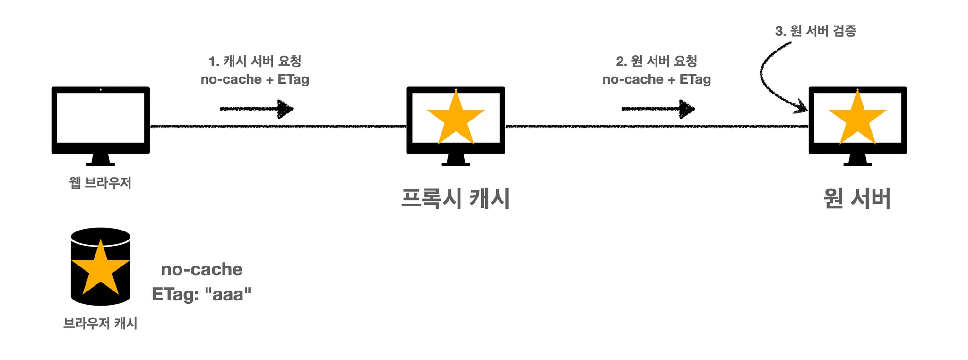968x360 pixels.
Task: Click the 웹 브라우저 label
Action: click(100, 182)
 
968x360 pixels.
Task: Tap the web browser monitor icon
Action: click(100, 120)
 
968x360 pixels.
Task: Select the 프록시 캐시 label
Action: click(455, 198)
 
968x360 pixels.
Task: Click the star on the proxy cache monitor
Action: click(456, 118)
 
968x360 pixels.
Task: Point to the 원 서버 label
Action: click(857, 198)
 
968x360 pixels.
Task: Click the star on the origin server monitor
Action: click(857, 118)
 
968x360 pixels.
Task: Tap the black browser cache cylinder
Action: click(100, 266)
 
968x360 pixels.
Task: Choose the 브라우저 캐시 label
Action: click(100, 324)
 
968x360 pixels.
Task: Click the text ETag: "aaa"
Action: click(201, 294)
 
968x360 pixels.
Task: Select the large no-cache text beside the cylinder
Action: click(202, 269)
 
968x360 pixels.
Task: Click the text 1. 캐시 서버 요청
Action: click(255, 61)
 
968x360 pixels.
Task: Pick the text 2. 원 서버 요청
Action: click(657, 61)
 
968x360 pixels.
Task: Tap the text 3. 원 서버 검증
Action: click(815, 31)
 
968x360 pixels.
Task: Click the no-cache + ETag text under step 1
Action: click(255, 79)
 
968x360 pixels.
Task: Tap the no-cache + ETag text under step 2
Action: click(657, 79)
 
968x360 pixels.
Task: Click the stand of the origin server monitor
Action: click(857, 160)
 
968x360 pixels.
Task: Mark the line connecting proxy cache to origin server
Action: click(657, 127)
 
